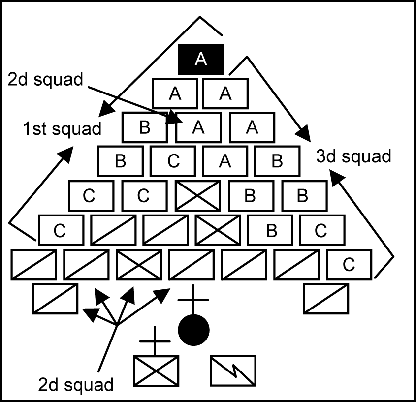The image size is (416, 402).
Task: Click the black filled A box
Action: pyautogui.click(x=201, y=59)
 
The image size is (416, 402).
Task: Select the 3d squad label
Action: pyautogui.click(x=353, y=156)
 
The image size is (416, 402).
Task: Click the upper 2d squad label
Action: pyautogui.click(x=45, y=80)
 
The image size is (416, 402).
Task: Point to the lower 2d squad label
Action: pyautogui.click(x=76, y=383)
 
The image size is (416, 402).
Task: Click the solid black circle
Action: pyautogui.click(x=193, y=330)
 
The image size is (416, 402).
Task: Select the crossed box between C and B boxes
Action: pyautogui.click(x=197, y=195)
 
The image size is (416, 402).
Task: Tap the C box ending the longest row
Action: pyautogui.click(x=349, y=265)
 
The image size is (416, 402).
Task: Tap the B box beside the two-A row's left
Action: pyautogui.click(x=144, y=127)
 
